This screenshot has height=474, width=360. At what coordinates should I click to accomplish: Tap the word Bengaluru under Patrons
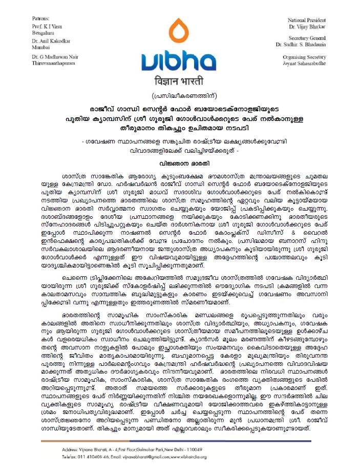(x=42, y=32)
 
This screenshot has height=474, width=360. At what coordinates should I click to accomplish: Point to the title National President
(x=306, y=19)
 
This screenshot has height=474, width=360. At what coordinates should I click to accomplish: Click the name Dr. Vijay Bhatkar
(x=310, y=26)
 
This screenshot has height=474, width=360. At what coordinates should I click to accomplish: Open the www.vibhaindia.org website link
(x=189, y=457)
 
